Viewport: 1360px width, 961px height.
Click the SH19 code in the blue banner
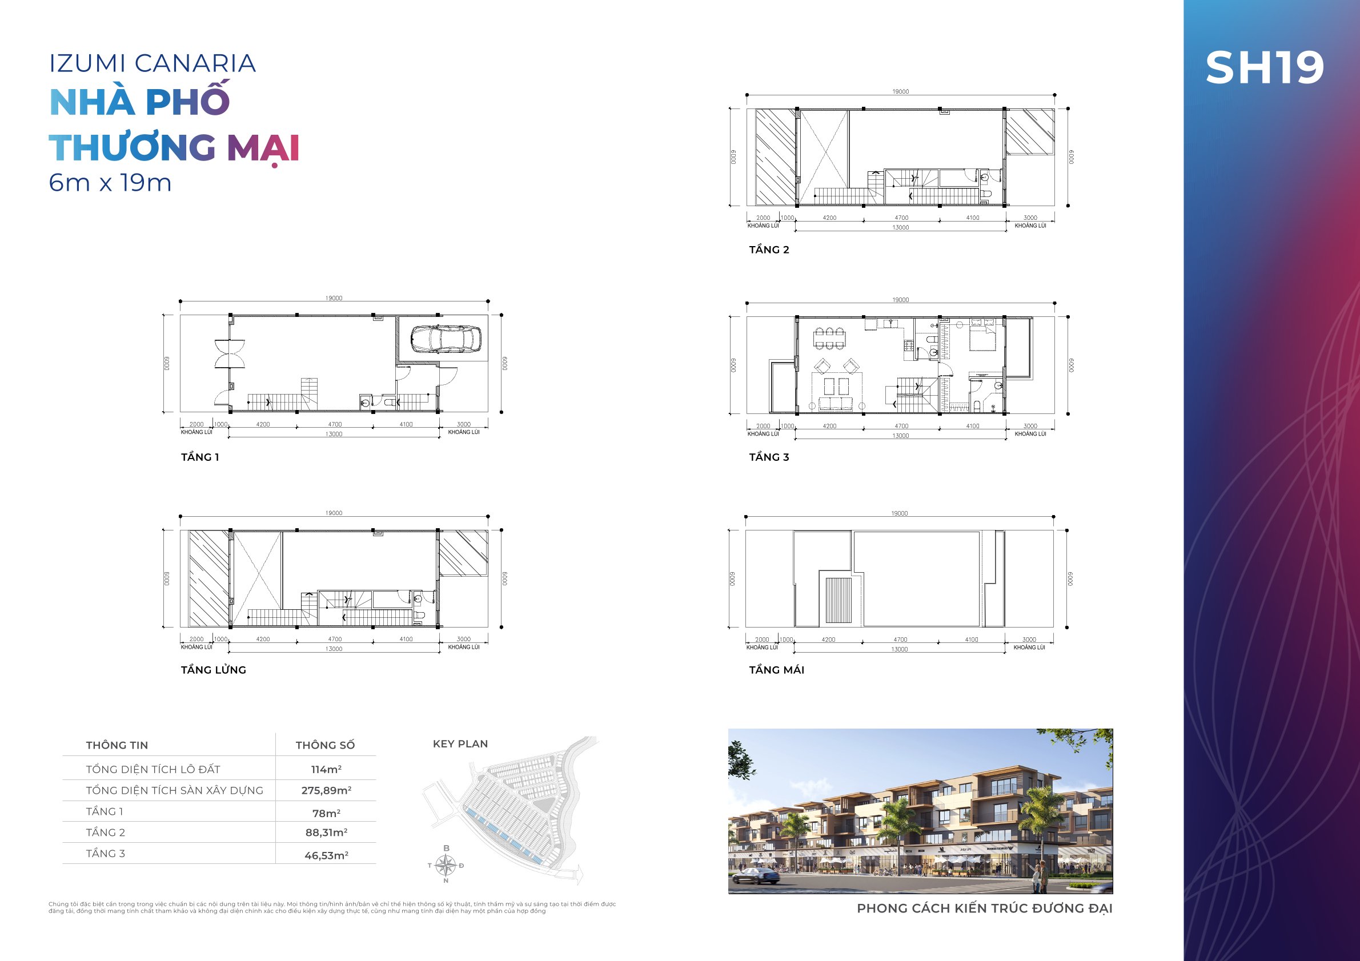(1264, 67)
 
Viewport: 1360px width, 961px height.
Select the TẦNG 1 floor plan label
(199, 457)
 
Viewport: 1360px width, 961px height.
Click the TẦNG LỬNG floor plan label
(213, 670)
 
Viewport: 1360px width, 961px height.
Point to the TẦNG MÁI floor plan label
(777, 670)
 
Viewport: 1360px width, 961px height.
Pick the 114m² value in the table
(326, 769)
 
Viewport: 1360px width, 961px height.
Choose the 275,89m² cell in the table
(326, 790)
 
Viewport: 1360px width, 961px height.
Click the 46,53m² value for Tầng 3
(326, 855)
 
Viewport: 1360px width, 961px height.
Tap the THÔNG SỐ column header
(325, 746)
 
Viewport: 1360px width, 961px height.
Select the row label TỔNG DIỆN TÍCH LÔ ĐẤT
(153, 769)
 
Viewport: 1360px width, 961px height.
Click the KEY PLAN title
(460, 743)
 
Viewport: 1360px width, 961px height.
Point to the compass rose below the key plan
(446, 865)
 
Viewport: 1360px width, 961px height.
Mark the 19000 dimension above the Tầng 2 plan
(900, 92)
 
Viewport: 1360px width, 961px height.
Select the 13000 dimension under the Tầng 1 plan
(334, 434)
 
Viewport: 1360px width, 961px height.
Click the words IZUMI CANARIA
(153, 63)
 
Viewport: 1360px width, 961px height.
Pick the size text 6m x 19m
(110, 182)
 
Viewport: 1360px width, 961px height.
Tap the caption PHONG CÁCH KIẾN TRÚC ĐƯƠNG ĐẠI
(985, 908)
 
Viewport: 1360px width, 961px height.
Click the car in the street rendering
(758, 875)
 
